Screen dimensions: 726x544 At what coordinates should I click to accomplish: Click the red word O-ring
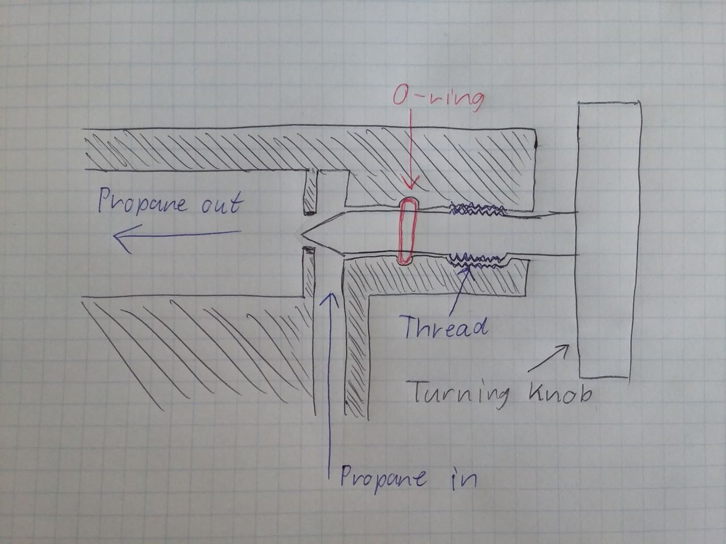click(x=438, y=99)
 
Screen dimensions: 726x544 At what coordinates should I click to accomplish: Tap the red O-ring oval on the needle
click(x=407, y=231)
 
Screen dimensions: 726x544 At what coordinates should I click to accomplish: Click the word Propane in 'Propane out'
click(x=142, y=203)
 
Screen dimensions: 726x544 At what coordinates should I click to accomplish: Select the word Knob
click(x=559, y=393)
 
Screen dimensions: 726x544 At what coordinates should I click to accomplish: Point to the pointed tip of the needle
click(x=301, y=234)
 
